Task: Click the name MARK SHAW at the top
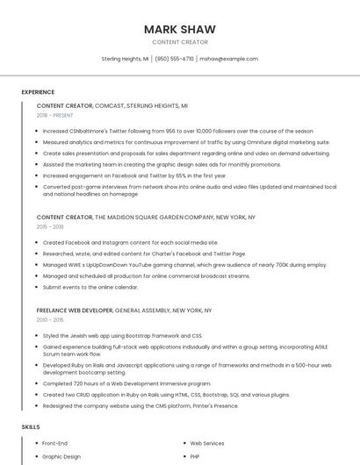click(179, 29)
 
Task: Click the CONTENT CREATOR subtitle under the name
click(179, 42)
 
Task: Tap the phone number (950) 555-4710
click(175, 59)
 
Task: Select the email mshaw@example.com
click(228, 59)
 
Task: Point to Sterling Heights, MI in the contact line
click(125, 59)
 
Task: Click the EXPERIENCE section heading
click(38, 91)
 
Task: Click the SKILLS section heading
click(31, 426)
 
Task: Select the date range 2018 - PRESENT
click(55, 115)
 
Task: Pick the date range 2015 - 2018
click(50, 226)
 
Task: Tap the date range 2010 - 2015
click(50, 319)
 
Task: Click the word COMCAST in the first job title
click(112, 105)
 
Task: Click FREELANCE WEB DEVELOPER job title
click(75, 310)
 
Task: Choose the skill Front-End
click(55, 443)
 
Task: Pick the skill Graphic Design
click(61, 456)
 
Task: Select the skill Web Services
click(207, 443)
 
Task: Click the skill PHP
click(196, 456)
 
